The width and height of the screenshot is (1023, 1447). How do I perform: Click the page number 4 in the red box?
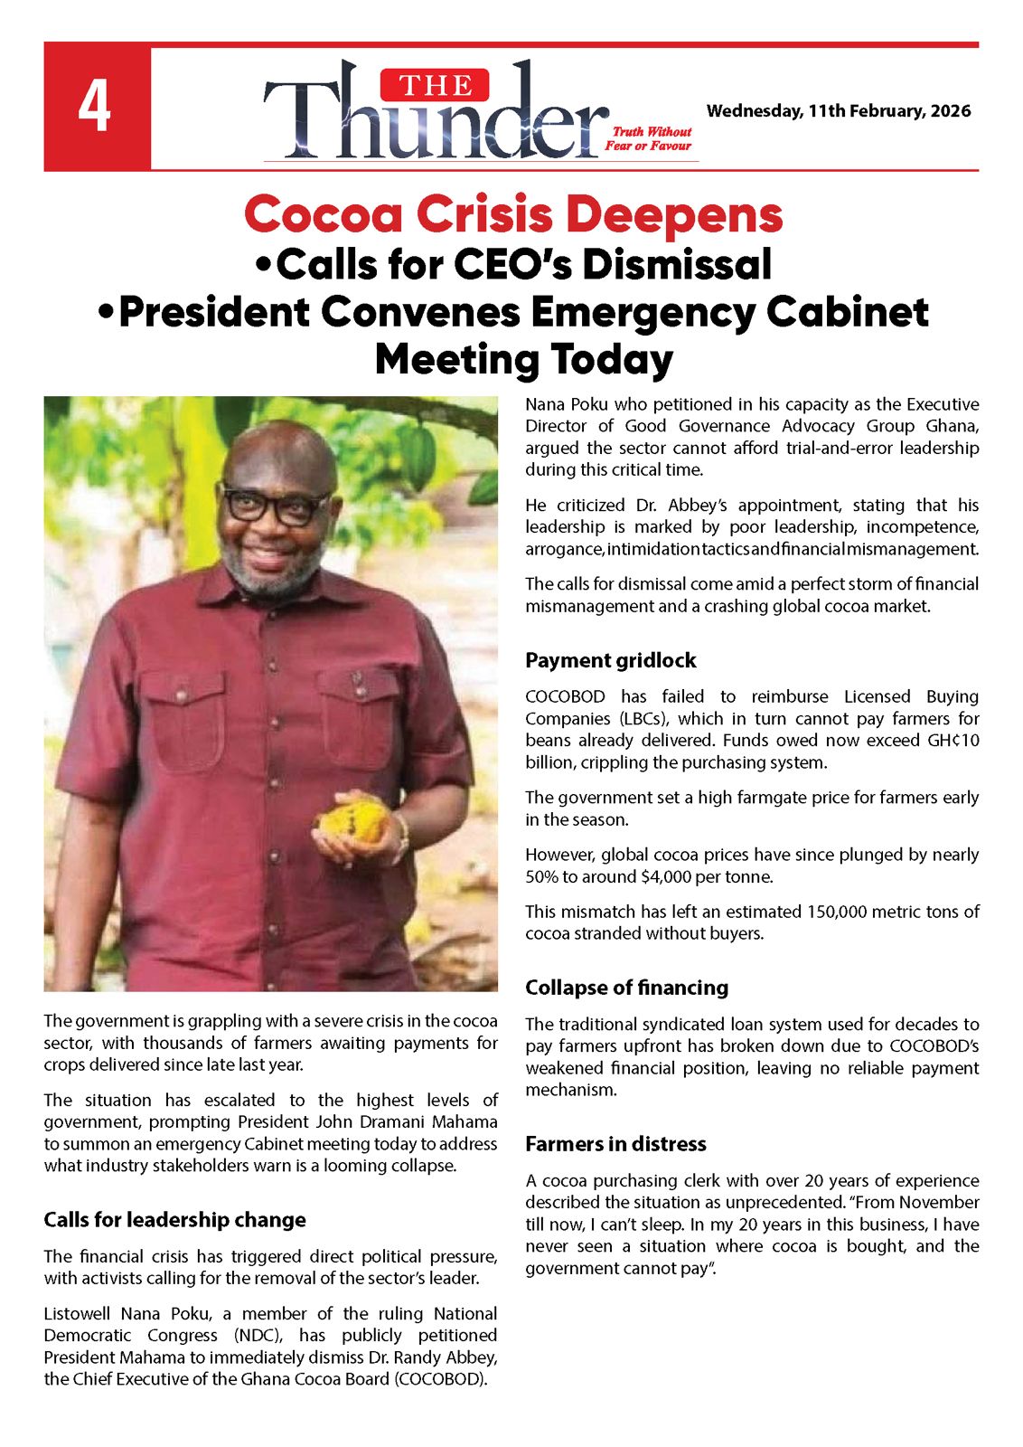pos(95,107)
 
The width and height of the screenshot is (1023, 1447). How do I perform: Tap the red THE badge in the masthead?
pos(435,85)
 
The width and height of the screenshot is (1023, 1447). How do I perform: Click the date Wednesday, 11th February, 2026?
pos(838,111)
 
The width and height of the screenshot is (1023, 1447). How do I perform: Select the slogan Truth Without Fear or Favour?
pos(648,138)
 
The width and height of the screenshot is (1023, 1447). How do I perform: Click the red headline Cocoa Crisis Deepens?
pos(513,215)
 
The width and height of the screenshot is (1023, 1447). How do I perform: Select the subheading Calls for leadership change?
pos(174,1220)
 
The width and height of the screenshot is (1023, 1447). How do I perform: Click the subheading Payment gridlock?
pos(611,660)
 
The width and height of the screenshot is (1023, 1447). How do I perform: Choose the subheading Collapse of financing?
pos(626,988)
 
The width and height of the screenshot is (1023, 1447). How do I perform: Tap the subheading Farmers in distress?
pos(615,1144)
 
